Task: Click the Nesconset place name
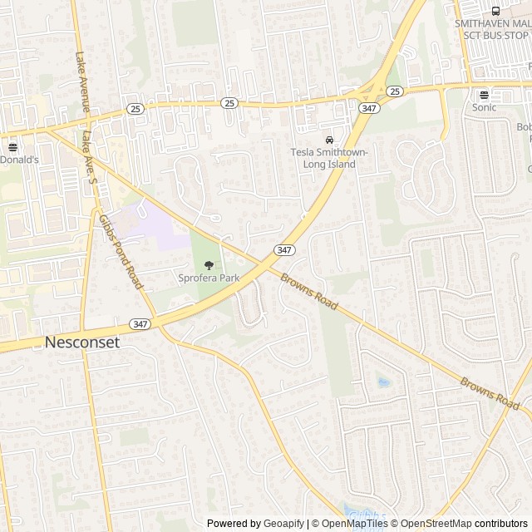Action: [x=82, y=342]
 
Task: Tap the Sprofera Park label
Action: [x=208, y=278]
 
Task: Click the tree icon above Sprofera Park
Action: [x=209, y=264]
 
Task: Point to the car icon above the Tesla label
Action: [x=330, y=140]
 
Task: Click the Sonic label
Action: [x=484, y=107]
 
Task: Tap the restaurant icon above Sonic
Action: [x=484, y=95]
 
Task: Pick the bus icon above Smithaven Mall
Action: [x=496, y=11]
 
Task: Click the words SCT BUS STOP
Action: [x=492, y=36]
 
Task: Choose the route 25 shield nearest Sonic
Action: [x=394, y=91]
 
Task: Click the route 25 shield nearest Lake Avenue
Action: [x=135, y=108]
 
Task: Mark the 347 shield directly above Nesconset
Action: [x=139, y=323]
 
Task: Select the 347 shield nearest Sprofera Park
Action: [x=283, y=249]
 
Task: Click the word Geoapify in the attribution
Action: [x=283, y=524]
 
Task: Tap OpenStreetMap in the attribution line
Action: [x=436, y=524]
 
